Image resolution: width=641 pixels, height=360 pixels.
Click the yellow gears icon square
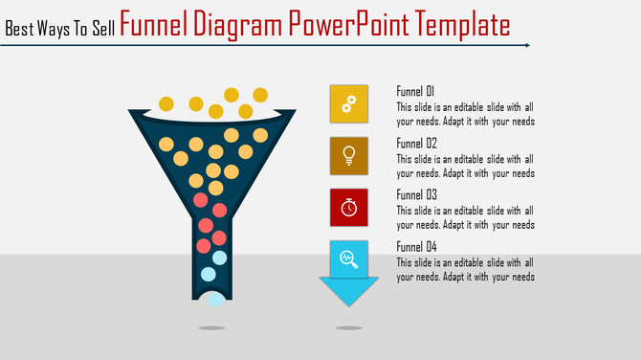tap(349, 103)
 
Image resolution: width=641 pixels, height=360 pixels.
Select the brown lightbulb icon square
tap(349, 155)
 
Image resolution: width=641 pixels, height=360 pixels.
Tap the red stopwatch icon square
tap(349, 207)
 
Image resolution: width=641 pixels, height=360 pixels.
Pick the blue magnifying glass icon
tap(348, 258)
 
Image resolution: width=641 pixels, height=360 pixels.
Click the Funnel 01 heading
tap(416, 91)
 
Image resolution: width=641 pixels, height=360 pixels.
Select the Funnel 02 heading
tap(416, 143)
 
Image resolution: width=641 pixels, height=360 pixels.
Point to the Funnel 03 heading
tap(416, 194)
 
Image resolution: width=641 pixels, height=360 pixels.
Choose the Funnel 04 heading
tap(416, 246)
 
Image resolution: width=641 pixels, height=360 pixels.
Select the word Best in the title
tap(19, 29)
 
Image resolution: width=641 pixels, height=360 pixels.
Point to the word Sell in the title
tap(100, 29)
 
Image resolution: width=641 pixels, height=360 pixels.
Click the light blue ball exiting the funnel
tap(216, 299)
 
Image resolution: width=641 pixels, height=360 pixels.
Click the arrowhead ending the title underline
tap(527, 45)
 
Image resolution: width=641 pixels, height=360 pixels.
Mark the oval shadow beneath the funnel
tap(211, 328)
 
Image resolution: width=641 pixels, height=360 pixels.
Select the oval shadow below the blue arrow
tap(348, 328)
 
